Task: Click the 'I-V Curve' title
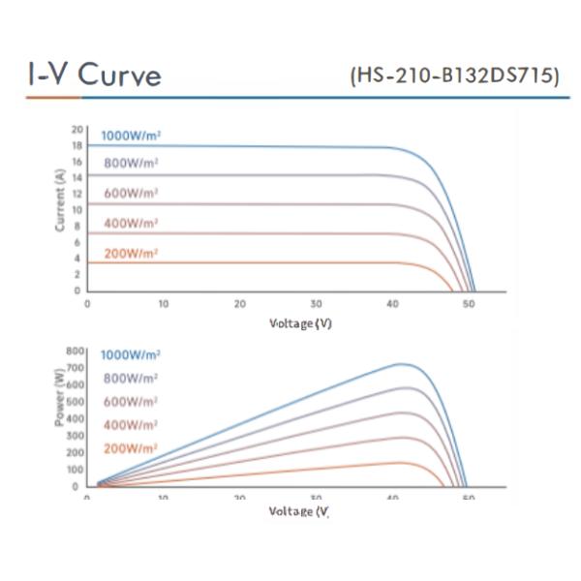[94, 76]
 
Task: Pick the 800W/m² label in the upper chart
[131, 163]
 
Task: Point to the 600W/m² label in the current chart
[131, 193]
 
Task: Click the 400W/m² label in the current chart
[131, 223]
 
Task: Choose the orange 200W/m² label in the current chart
[131, 253]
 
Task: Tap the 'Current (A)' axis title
[61, 199]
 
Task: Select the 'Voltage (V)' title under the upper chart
[300, 323]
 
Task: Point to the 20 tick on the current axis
[77, 128]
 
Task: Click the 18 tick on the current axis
[77, 145]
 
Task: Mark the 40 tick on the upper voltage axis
[392, 304]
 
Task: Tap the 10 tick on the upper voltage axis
[164, 304]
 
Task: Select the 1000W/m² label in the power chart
[131, 355]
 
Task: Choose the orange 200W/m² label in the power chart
[131, 448]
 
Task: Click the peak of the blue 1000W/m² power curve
[400, 364]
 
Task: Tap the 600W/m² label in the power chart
[131, 402]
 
